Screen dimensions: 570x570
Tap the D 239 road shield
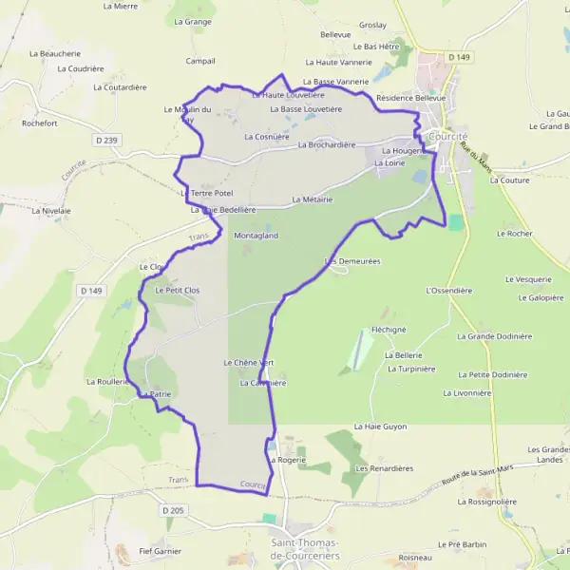click(x=107, y=141)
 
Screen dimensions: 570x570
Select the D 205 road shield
click(x=172, y=510)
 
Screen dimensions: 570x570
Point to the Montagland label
click(x=256, y=235)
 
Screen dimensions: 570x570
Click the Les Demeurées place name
click(x=352, y=260)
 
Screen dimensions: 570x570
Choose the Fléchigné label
click(x=389, y=330)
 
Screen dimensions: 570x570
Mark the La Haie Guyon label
click(x=380, y=427)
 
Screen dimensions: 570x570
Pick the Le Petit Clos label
click(x=178, y=289)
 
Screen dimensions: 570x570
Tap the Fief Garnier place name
click(x=160, y=550)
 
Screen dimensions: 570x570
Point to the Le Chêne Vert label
click(x=249, y=362)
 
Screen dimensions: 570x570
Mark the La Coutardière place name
click(x=120, y=86)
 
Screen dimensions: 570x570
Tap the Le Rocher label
click(x=514, y=233)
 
